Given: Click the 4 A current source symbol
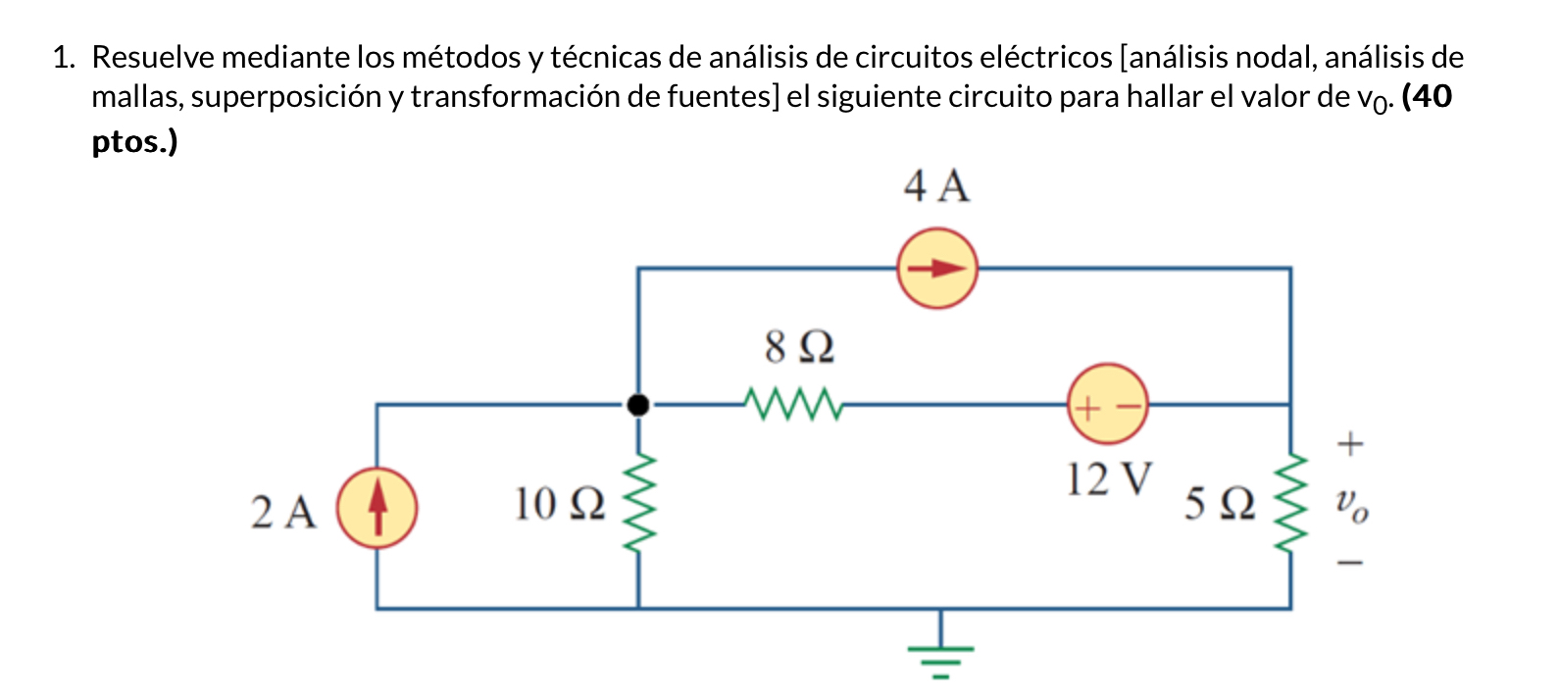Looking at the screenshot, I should (937, 269).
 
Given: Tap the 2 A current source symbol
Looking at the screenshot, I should (377, 509).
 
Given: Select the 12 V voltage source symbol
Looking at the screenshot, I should (1107, 404).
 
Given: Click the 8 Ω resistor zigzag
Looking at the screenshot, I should (792, 403).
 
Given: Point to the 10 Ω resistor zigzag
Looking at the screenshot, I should (638, 504).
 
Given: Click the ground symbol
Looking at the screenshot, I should (940, 656).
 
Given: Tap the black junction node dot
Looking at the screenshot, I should (638, 404).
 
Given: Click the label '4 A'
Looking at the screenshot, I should (936, 186).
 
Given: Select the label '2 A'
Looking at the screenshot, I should (283, 512).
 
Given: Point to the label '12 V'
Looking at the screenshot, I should (1109, 479).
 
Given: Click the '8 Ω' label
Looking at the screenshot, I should (799, 346).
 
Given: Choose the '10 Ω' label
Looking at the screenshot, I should (559, 504).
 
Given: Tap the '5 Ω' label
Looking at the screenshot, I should (1219, 504).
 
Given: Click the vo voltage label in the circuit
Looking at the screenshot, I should (1351, 505).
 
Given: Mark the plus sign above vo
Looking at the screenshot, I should (1350, 444).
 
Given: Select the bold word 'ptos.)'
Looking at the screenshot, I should (134, 142).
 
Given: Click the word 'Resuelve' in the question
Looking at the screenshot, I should (153, 57).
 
